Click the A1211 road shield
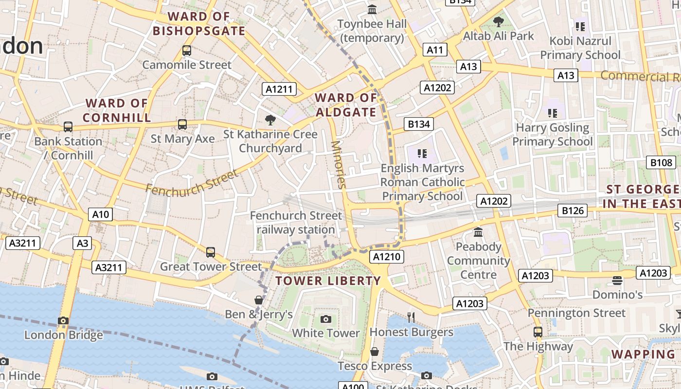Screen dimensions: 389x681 pos(280,89)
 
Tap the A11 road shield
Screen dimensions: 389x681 pos(435,50)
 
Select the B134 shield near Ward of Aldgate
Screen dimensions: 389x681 pos(419,124)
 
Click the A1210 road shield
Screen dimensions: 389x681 pos(387,257)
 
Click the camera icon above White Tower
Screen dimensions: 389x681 pos(326,319)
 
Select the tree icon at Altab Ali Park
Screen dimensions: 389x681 pos(498,21)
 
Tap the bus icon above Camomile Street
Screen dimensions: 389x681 pos(186,50)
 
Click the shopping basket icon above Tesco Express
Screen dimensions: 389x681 pos(375,351)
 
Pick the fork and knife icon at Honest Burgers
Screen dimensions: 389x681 pos(411,318)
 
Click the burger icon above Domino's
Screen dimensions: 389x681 pos(617,280)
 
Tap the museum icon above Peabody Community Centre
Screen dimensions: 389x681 pos(478,232)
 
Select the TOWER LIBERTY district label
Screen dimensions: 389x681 pos(328,281)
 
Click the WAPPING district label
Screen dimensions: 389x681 pos(643,354)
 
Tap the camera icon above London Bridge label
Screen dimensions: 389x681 pos(63,320)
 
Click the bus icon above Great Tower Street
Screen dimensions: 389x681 pos(211,252)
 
